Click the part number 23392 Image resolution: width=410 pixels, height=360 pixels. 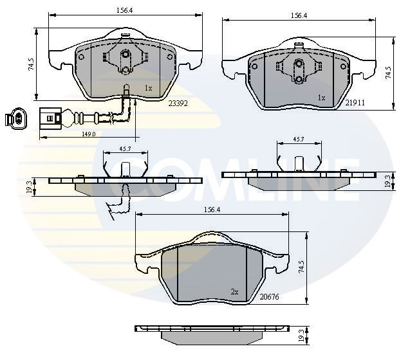click(177, 102)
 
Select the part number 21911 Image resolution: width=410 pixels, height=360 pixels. click(355, 102)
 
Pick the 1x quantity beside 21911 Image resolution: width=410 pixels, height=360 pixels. click(321, 98)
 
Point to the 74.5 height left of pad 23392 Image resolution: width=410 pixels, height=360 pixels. click(31, 64)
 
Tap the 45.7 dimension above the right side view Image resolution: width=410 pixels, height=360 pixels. click(299, 139)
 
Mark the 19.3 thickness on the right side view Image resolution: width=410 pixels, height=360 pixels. click(387, 182)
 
